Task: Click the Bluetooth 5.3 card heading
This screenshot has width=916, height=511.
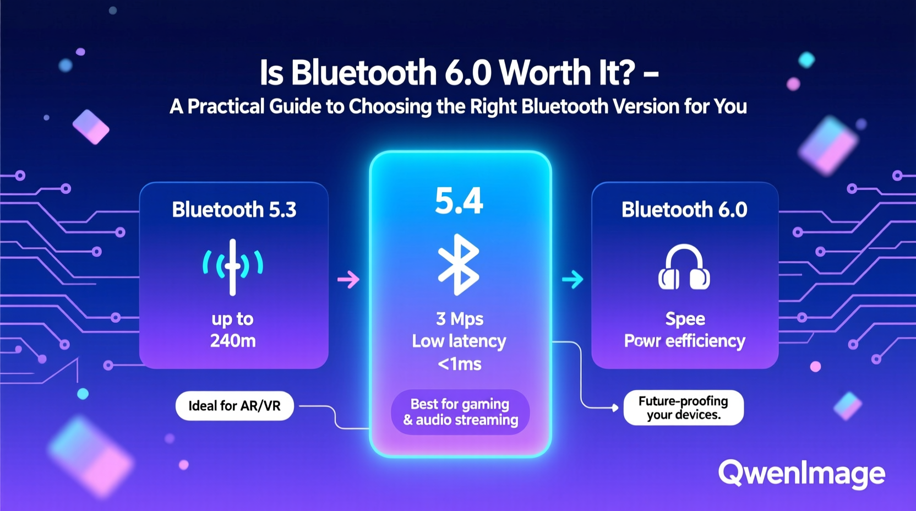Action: (234, 210)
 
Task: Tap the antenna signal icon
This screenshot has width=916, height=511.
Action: (233, 267)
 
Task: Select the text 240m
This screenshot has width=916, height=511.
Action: (233, 341)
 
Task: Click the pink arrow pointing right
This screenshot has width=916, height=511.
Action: (348, 280)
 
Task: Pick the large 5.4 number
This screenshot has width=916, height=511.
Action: (459, 201)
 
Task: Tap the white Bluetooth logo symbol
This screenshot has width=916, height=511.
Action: (459, 264)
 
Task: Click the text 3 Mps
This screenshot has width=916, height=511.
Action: (460, 319)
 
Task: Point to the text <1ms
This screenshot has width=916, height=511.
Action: (460, 364)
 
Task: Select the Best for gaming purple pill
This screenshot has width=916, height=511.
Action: (460, 412)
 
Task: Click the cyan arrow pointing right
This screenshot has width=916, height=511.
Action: (572, 280)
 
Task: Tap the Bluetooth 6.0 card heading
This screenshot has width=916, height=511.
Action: (684, 210)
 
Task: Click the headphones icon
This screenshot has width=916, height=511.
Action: (684, 268)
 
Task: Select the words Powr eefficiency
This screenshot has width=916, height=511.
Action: (684, 341)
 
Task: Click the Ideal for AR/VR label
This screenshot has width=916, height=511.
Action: (235, 406)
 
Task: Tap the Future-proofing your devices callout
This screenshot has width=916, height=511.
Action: (683, 407)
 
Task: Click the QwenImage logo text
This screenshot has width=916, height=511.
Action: (802, 473)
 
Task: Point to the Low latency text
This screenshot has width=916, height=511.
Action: (459, 341)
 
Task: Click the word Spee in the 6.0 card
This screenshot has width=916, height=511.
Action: (685, 319)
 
